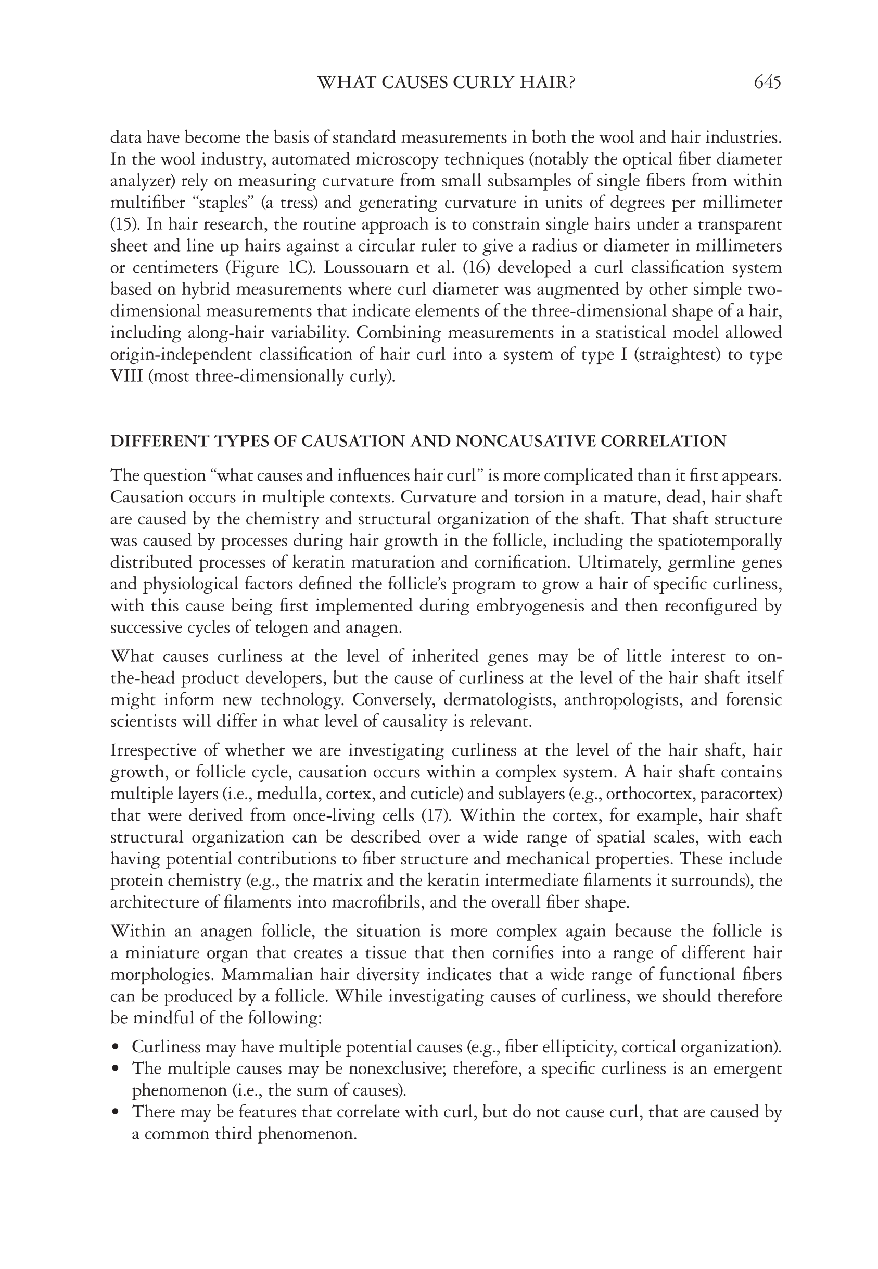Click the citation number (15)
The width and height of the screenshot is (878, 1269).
[x=122, y=225]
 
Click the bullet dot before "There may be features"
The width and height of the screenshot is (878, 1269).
[x=115, y=1113]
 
